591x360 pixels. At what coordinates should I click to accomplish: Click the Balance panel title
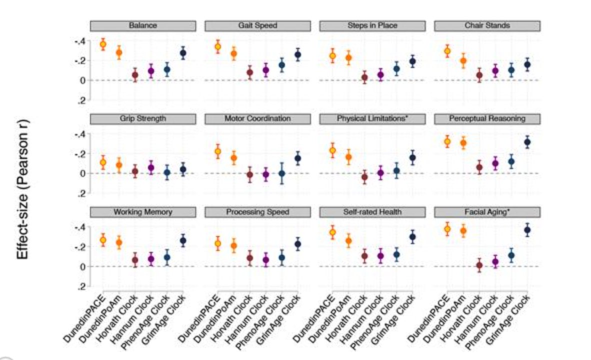click(x=142, y=25)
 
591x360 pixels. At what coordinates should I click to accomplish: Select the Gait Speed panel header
click(x=257, y=25)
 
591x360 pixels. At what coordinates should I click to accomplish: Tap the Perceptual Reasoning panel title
click(x=487, y=119)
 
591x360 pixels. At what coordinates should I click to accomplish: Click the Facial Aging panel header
click(x=487, y=212)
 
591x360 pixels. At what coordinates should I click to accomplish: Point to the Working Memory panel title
click(x=142, y=212)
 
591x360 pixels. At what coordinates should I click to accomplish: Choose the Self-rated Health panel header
click(x=372, y=212)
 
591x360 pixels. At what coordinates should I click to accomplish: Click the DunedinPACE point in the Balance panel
click(x=103, y=44)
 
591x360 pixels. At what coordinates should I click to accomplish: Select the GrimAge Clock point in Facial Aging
click(x=527, y=230)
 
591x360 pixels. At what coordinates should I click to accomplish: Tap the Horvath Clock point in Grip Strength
click(x=135, y=171)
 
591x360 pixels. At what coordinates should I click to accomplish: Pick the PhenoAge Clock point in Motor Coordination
click(x=282, y=173)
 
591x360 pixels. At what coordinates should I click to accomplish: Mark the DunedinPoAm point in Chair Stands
click(x=463, y=60)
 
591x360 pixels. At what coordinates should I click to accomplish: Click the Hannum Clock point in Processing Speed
click(x=266, y=260)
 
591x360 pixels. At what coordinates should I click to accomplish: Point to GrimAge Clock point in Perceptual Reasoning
click(x=527, y=142)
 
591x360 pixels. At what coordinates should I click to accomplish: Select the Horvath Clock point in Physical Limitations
click(x=364, y=177)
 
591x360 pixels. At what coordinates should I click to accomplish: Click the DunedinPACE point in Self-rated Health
click(x=332, y=232)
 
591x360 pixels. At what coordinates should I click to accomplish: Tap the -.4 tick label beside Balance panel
click(x=80, y=40)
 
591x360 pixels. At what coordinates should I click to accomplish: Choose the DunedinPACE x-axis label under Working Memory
click(x=85, y=317)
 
